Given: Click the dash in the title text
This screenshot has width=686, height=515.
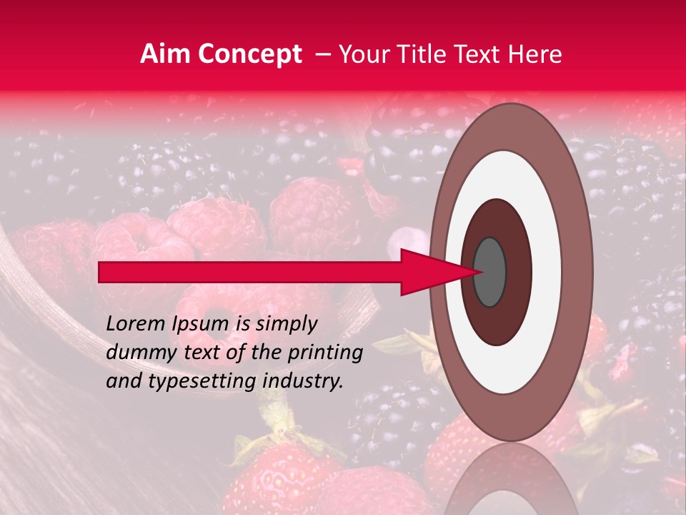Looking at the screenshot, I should tap(323, 54).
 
